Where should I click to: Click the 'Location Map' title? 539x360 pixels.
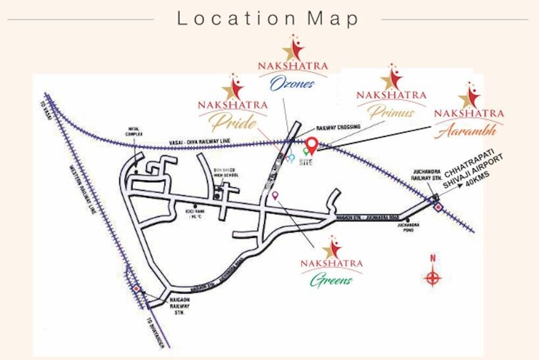tap(268, 19)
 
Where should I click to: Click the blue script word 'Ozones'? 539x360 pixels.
tap(292, 84)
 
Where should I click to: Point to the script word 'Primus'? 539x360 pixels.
tap(391, 112)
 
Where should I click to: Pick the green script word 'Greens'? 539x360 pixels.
tap(331, 279)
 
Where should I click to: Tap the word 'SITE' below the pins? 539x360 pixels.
tap(307, 162)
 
